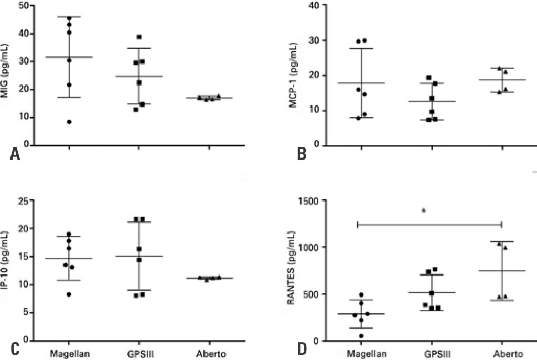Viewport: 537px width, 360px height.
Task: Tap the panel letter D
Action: point(302,348)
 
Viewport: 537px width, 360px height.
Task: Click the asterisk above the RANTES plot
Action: point(423,211)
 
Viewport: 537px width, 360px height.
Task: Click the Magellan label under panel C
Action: point(68,352)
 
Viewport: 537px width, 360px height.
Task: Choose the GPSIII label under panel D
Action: point(432,352)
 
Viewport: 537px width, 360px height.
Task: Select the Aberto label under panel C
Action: point(209,352)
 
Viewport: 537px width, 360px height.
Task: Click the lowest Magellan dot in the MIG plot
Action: point(69,122)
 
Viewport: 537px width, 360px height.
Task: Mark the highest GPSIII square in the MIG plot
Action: point(139,37)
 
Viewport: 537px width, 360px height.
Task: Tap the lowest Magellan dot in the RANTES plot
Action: point(361,335)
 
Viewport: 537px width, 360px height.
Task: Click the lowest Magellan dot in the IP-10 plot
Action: point(69,294)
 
